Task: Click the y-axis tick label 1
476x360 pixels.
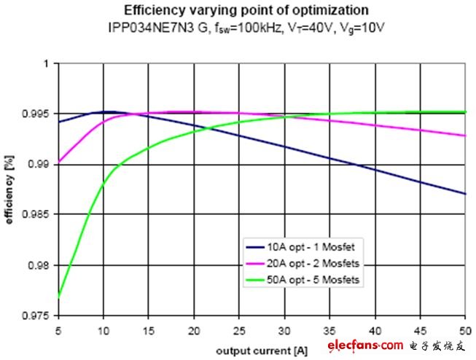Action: [x=45, y=63]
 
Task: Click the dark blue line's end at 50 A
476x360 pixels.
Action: [x=465, y=194]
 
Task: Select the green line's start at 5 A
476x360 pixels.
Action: [x=58, y=297]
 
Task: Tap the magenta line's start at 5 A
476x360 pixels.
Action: [x=58, y=163]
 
